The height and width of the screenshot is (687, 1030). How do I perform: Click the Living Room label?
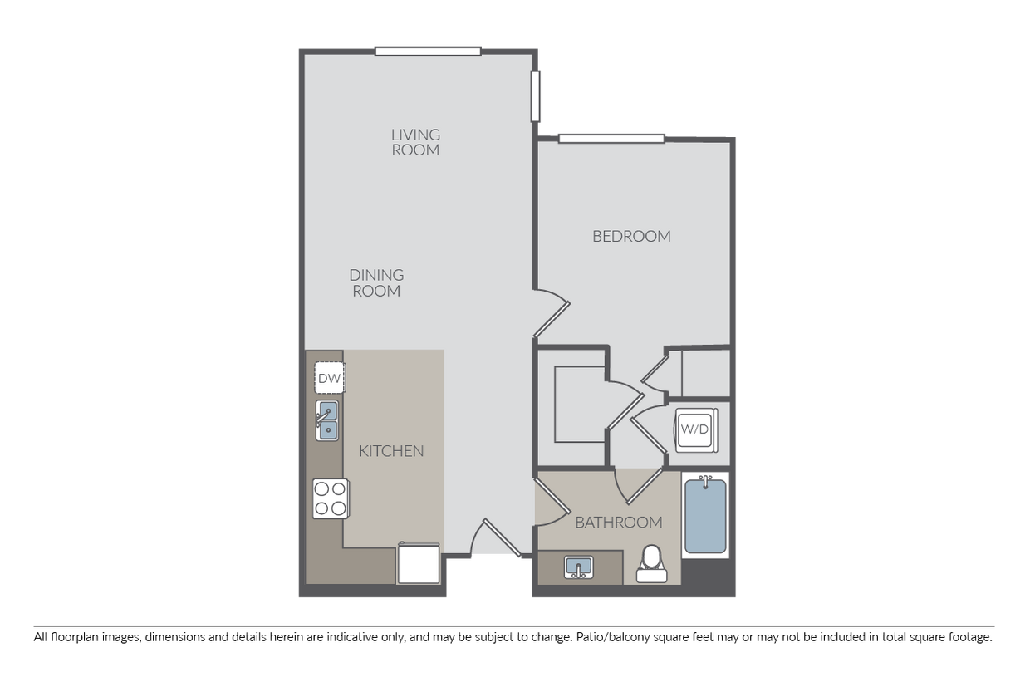[415, 142]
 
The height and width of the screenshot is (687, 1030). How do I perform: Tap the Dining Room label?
[376, 282]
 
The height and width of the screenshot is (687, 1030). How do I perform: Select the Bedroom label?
[631, 236]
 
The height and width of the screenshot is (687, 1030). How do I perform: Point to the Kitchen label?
[391, 451]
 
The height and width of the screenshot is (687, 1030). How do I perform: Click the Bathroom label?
[618, 523]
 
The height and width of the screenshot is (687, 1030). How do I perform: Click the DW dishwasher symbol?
[330, 379]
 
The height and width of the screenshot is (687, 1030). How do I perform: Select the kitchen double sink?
[326, 420]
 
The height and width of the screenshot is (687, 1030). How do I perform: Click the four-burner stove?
[329, 498]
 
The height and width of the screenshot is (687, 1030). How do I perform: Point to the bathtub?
[705, 515]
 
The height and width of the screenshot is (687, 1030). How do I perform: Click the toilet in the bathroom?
[652, 564]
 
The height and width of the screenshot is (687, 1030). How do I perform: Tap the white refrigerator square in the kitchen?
[419, 564]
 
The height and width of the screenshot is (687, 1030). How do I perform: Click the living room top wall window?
[428, 52]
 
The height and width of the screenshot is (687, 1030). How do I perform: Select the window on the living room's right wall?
[537, 96]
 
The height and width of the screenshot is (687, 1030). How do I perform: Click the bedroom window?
[612, 139]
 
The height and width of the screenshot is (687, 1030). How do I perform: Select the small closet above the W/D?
[704, 373]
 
